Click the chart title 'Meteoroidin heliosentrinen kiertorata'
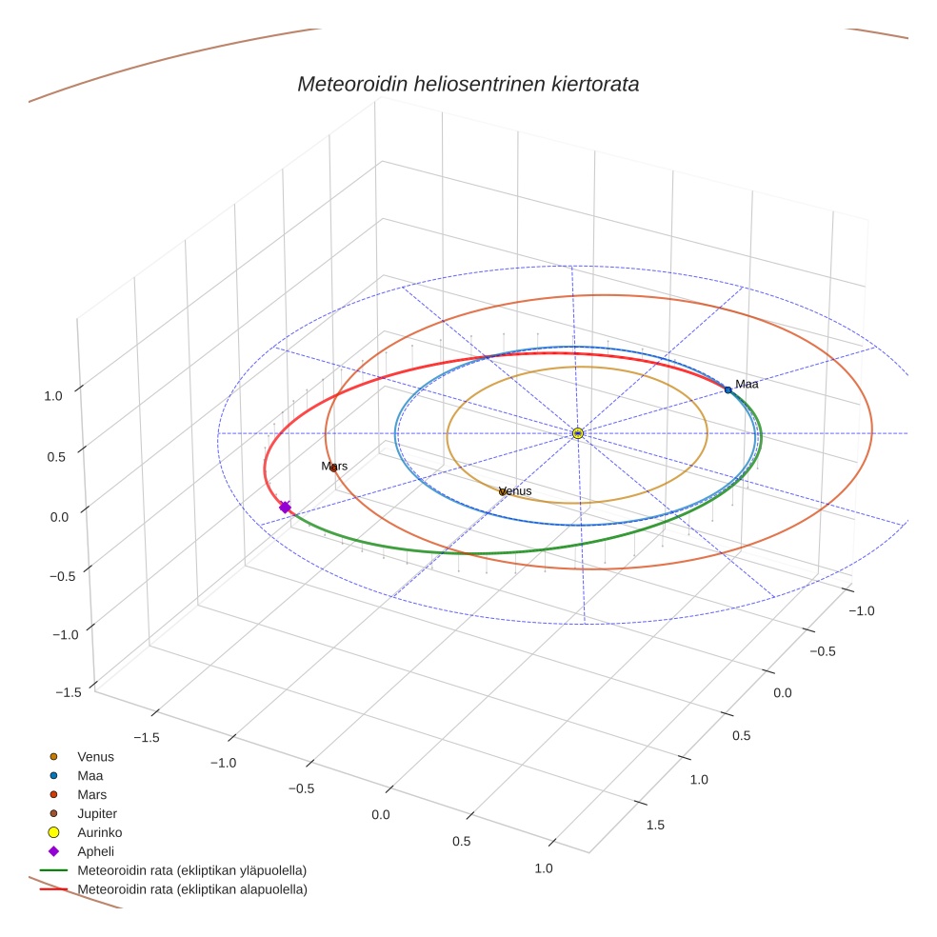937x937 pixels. pyautogui.click(x=468, y=84)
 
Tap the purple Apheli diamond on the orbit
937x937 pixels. pyautogui.click(x=285, y=508)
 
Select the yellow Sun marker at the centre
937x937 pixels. pyautogui.click(x=578, y=433)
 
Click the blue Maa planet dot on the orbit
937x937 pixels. pyautogui.click(x=728, y=389)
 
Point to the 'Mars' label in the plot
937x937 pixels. pyautogui.click(x=334, y=467)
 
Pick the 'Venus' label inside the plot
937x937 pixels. pyautogui.click(x=515, y=491)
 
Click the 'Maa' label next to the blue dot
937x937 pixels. pyautogui.click(x=747, y=384)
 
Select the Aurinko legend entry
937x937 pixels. pyautogui.click(x=99, y=832)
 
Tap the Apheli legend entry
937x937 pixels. pyautogui.click(x=95, y=851)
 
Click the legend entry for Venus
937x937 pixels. pyautogui.click(x=95, y=757)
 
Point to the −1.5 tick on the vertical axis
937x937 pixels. pyautogui.click(x=68, y=692)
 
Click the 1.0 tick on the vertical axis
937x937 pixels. pyautogui.click(x=53, y=396)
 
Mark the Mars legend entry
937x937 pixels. pyautogui.click(x=91, y=794)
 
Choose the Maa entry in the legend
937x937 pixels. pyautogui.click(x=90, y=776)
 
